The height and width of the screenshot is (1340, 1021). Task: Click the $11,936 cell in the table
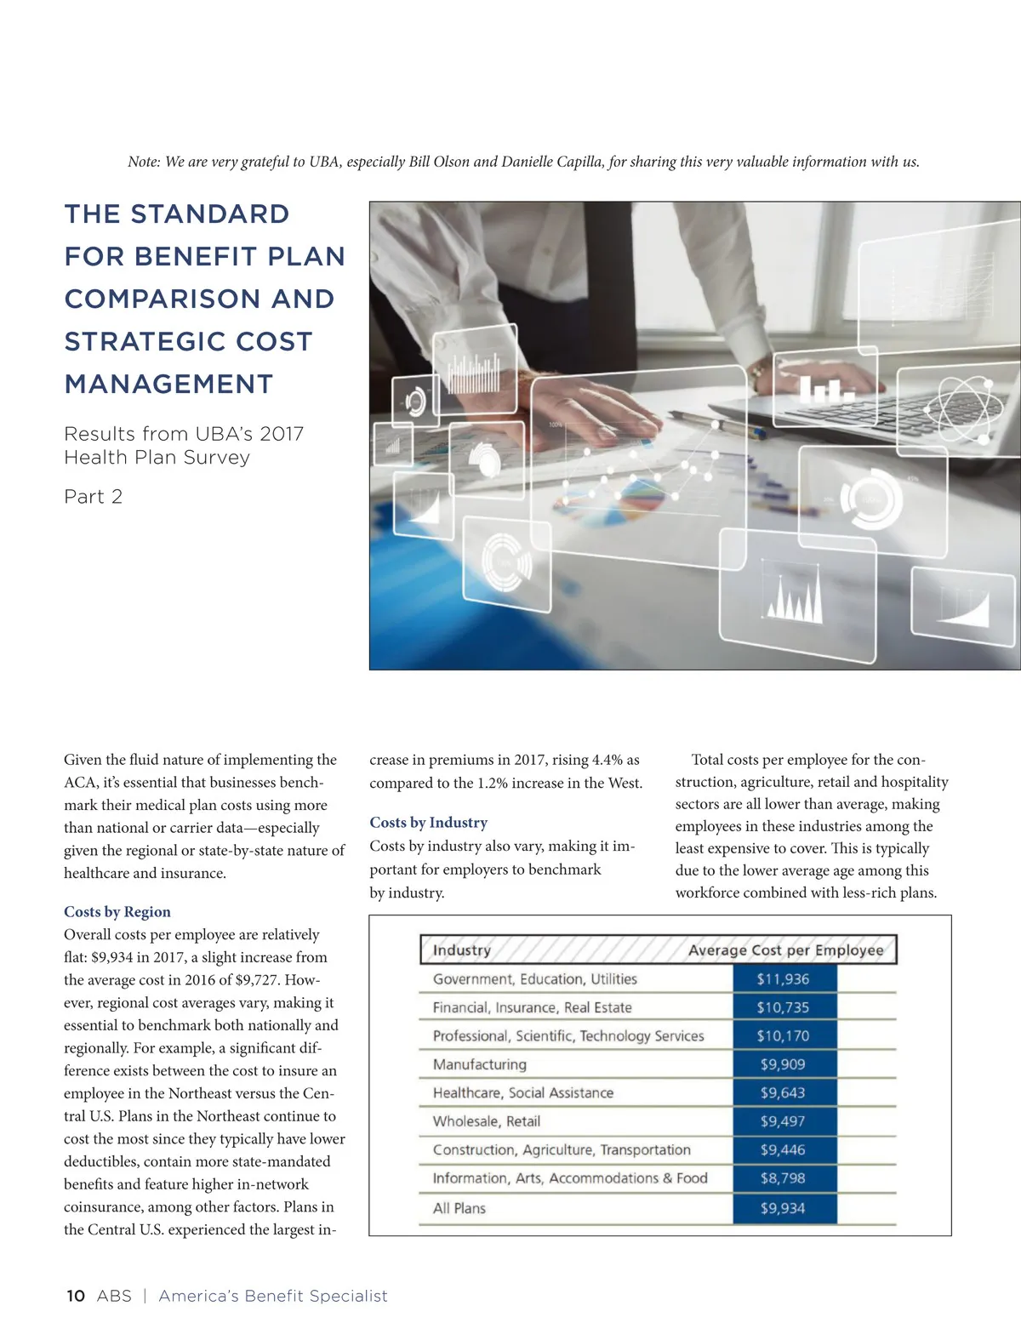(x=783, y=979)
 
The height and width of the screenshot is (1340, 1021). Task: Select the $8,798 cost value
(x=783, y=1178)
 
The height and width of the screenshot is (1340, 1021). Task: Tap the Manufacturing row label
(x=479, y=1064)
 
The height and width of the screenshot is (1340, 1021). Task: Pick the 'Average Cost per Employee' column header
(x=785, y=950)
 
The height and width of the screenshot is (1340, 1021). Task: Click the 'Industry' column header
(x=461, y=950)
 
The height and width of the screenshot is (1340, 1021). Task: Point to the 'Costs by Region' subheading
(x=117, y=912)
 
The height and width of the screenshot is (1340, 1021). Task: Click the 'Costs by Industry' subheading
(x=428, y=823)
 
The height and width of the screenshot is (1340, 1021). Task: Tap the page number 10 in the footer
(x=76, y=1296)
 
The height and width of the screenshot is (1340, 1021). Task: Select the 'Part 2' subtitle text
(x=94, y=497)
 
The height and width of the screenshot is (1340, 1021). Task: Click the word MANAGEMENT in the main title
(x=168, y=385)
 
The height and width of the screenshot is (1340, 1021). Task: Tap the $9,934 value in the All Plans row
(x=783, y=1208)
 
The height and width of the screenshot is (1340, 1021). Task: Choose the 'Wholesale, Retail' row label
(x=486, y=1121)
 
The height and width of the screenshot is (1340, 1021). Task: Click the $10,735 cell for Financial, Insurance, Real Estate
(x=783, y=1007)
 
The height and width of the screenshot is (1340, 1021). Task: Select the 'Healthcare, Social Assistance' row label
(x=522, y=1093)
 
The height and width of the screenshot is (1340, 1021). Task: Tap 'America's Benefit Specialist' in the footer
(x=272, y=1296)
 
